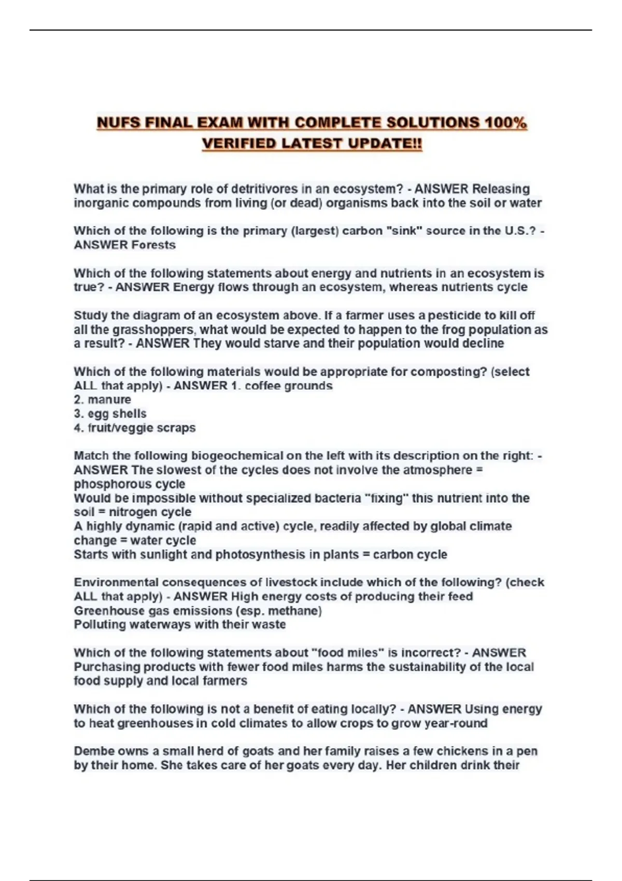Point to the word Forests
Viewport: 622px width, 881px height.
[153, 245]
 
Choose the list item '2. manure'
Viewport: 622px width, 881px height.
[102, 400]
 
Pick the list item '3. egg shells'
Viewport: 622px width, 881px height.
[110, 414]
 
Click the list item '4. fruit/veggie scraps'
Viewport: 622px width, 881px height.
[134, 428]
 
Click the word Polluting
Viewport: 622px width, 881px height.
[100, 625]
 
